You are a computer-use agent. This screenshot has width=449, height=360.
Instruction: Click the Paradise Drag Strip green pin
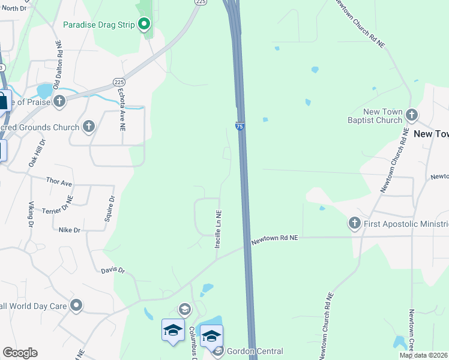click(144, 25)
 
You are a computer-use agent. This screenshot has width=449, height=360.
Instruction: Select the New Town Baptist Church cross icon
click(411, 114)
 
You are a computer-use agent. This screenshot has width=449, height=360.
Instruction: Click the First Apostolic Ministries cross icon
click(354, 224)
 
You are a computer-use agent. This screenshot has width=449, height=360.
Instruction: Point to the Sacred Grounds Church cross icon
click(89, 126)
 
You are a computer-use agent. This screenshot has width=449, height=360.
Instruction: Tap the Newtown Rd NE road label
click(274, 239)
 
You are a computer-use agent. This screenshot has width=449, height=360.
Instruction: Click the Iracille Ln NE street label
click(219, 230)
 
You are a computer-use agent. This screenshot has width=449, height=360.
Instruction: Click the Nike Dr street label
click(70, 230)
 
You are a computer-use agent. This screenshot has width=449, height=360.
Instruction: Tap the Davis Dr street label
click(112, 271)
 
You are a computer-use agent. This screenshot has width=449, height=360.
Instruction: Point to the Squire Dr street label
click(110, 208)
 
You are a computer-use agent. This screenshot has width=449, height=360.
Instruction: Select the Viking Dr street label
click(30, 214)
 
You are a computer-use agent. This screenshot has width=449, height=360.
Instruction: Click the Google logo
click(20, 353)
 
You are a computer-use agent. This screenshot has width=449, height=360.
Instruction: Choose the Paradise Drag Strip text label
click(100, 25)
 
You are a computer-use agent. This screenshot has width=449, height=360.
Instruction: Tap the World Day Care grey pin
click(76, 305)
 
